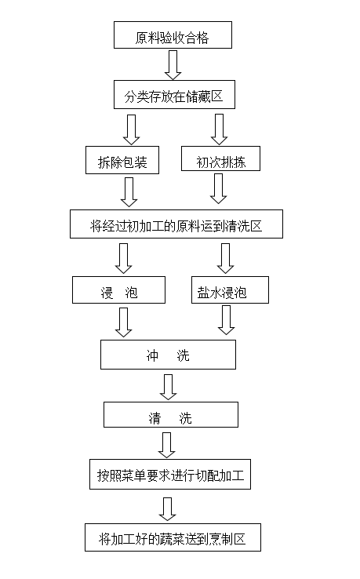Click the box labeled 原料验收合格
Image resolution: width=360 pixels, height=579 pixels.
(x=173, y=35)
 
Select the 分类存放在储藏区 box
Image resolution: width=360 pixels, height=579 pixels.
(x=174, y=94)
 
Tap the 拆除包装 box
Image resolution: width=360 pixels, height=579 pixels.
(x=122, y=160)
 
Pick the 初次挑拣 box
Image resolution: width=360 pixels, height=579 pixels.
(x=221, y=158)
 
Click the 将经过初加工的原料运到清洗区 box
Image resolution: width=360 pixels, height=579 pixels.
(x=176, y=224)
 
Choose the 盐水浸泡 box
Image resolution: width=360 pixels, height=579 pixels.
(x=230, y=290)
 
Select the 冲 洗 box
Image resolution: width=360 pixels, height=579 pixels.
(x=168, y=355)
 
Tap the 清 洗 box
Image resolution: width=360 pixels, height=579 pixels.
(x=171, y=415)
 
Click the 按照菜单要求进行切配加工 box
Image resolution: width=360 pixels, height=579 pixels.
(x=170, y=474)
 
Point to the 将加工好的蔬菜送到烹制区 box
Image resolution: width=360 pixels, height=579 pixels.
(x=173, y=537)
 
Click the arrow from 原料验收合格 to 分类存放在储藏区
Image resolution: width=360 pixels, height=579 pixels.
(x=173, y=65)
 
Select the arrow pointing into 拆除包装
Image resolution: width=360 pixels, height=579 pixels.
(x=131, y=129)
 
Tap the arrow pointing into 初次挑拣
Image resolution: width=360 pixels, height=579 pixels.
(x=219, y=129)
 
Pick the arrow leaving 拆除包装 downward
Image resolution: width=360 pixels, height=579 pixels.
(x=129, y=192)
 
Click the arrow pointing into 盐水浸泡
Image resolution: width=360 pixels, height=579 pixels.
(x=225, y=258)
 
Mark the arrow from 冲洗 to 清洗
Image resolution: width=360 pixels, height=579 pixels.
(x=168, y=387)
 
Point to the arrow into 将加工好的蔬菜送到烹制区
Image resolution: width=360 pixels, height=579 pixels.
(x=167, y=509)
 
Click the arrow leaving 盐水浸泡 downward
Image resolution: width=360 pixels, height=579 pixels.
(x=227, y=320)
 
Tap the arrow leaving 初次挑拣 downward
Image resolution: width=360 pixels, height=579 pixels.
(x=218, y=189)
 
